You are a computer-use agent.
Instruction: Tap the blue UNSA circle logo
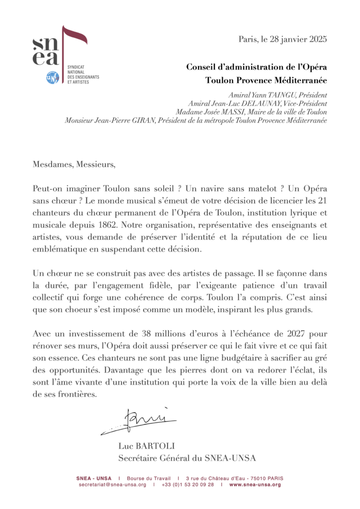[52, 78]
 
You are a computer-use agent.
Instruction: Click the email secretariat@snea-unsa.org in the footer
[112, 485]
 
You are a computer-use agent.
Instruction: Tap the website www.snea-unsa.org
[255, 485]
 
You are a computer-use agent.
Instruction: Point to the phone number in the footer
[187, 485]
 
